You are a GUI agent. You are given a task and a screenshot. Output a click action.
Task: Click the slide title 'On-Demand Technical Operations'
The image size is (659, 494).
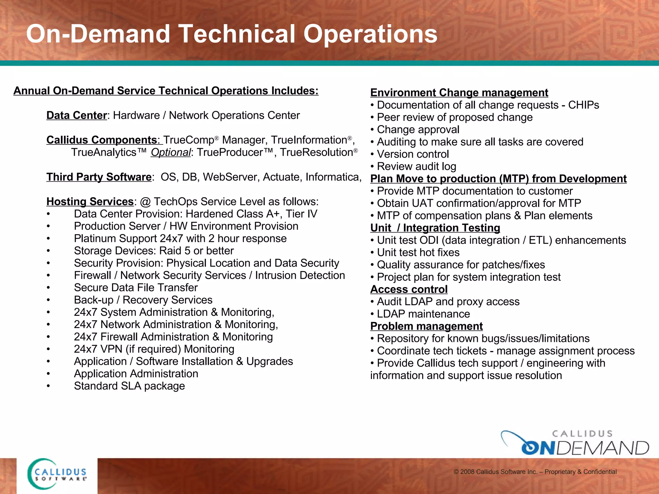[232, 34]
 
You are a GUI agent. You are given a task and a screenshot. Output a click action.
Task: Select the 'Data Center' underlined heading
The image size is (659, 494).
[77, 115]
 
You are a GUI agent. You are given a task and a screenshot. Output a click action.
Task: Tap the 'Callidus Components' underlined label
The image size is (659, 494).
[102, 140]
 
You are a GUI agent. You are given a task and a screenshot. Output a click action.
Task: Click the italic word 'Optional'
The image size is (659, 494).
[171, 152]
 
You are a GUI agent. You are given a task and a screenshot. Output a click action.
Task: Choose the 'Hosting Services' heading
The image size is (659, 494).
[90, 202]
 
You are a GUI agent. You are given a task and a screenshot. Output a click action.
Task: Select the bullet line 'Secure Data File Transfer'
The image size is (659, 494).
[136, 288]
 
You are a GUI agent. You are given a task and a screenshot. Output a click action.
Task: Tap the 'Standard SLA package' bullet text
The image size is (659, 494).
[129, 386]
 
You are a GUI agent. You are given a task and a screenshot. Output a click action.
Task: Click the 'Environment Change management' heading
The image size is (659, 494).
[459, 93]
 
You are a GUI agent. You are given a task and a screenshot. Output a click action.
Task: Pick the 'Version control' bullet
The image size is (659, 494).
[413, 154]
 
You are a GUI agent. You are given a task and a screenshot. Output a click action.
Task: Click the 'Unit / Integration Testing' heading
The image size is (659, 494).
[435, 228]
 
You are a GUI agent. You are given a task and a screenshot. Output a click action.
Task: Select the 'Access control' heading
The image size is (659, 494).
[409, 289]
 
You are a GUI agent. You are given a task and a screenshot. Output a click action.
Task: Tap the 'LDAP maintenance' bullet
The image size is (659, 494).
[423, 314]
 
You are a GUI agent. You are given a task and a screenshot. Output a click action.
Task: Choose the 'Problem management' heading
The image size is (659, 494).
[426, 326]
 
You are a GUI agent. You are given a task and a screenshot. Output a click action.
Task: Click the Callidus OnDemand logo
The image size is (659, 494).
[575, 443]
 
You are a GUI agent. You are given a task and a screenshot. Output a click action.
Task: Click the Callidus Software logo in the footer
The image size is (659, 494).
[57, 474]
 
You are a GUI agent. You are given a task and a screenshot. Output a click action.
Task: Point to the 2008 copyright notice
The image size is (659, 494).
[535, 472]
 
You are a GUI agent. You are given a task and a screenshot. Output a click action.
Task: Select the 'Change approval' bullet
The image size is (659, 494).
[418, 130]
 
